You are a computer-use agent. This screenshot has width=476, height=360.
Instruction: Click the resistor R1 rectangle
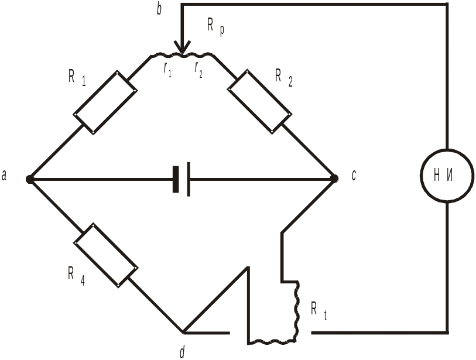[105, 102]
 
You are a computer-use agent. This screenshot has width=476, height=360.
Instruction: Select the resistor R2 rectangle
[260, 102]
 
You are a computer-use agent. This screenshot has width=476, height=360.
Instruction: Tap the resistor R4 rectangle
[106, 255]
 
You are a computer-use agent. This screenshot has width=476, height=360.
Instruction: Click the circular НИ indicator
[447, 175]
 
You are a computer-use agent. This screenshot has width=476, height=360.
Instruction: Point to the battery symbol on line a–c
[182, 179]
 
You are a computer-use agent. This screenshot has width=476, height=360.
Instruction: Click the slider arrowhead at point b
[182, 47]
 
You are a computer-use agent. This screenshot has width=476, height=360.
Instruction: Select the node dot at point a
[29, 179]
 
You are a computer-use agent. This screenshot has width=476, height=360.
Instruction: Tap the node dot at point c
[334, 179]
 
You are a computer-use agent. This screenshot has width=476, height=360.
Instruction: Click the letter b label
[159, 9]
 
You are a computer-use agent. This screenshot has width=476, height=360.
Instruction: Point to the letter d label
[182, 352]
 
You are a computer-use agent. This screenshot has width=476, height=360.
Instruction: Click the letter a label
[4, 176]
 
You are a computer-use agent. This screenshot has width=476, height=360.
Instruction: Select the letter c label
[354, 175]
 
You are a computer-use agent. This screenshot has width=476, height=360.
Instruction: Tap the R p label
[216, 26]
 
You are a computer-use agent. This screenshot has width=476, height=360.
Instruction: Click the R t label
[319, 310]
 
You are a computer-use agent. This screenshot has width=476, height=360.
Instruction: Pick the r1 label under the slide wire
[167, 70]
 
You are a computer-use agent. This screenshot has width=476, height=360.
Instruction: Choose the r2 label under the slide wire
[198, 70]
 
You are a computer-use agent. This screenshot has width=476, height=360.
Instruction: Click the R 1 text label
[77, 77]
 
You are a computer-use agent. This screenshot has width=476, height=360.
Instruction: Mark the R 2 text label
[284, 77]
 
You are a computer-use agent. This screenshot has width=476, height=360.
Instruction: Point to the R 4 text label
[77, 276]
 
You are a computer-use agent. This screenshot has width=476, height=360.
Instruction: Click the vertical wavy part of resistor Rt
[296, 311]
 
